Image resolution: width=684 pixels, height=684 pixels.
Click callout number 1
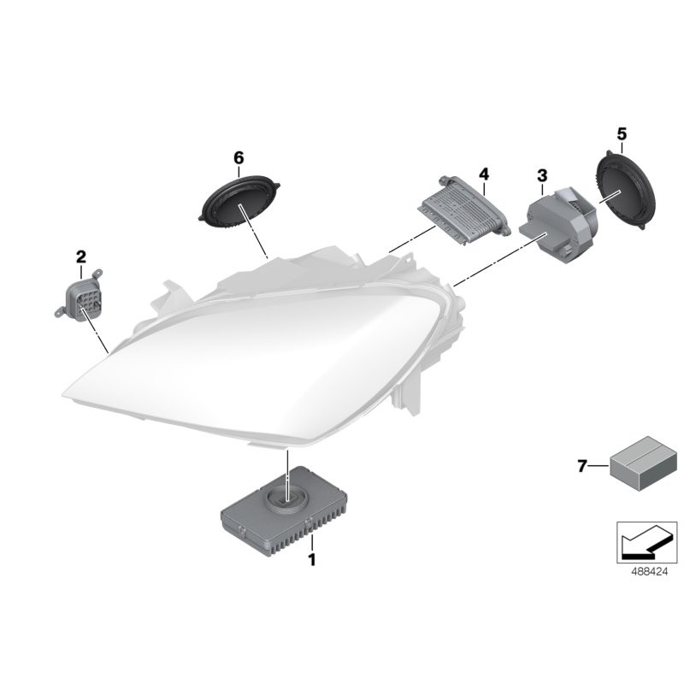point(312,561)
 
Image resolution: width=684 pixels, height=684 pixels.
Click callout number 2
point(81,256)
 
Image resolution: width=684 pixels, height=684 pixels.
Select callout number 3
point(541,175)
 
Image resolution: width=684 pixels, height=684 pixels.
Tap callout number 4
point(484,174)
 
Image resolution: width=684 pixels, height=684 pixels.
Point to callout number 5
point(622,133)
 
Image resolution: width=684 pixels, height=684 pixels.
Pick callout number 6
point(239,157)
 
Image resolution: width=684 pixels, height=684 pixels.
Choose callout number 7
point(582,466)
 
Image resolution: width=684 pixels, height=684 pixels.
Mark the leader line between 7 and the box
point(599,466)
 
